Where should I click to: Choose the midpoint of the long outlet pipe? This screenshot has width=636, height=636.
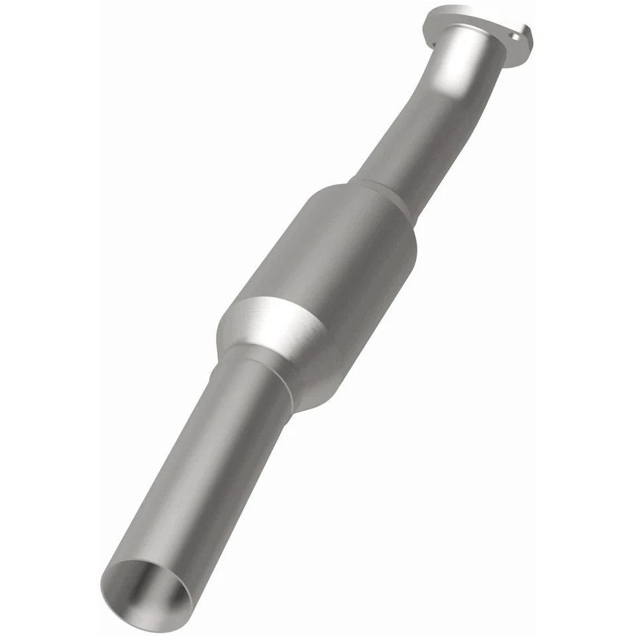coord(199,477)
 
